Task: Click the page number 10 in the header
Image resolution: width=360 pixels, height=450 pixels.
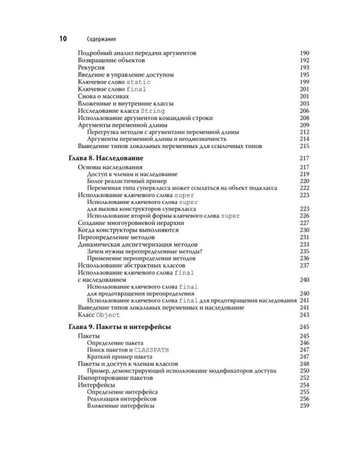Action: (x=61, y=38)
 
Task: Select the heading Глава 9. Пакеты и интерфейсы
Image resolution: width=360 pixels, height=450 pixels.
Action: (x=116, y=326)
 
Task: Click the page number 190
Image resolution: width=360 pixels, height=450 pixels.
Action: (x=304, y=54)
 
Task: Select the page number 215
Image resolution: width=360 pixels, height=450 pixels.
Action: (x=304, y=146)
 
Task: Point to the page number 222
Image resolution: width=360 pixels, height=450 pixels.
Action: (x=304, y=188)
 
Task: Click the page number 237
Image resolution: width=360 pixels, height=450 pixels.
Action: (x=304, y=265)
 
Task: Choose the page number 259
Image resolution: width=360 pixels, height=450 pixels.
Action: (x=304, y=406)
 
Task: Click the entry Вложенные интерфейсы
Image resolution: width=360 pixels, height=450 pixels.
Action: (x=121, y=406)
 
